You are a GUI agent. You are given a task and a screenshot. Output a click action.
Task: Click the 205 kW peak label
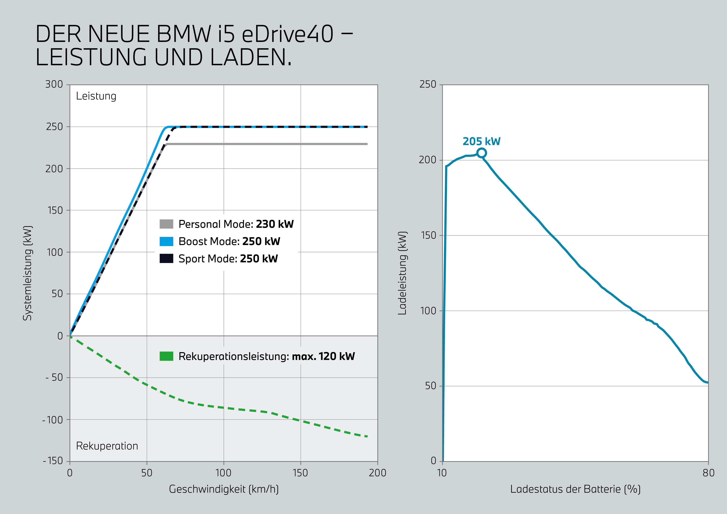[x=481, y=141]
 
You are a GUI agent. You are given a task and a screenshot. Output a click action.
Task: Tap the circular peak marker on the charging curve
[x=481, y=153]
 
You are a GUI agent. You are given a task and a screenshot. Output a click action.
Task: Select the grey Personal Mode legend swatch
[x=166, y=224]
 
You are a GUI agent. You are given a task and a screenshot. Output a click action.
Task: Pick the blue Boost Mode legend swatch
[x=166, y=241]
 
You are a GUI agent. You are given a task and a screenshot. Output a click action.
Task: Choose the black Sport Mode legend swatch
[x=166, y=258]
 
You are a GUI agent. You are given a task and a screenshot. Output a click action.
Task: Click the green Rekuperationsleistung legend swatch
[x=166, y=356]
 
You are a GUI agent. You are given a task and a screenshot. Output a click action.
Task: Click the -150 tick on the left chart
[x=53, y=461]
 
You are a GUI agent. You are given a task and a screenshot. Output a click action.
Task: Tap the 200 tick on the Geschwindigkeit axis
[x=377, y=473]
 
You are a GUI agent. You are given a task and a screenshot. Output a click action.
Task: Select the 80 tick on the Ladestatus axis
[x=708, y=473]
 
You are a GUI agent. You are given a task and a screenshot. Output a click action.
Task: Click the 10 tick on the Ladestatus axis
[x=442, y=473]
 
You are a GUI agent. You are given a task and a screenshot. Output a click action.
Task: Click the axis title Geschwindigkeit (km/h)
[x=224, y=489]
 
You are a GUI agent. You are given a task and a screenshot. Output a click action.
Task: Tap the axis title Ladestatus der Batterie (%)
[x=575, y=489]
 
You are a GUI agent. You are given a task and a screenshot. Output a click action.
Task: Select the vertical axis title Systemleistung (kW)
[x=28, y=273]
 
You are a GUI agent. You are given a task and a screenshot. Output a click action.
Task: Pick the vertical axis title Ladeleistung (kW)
[x=402, y=273]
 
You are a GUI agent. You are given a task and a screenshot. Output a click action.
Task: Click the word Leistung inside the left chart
[x=96, y=96]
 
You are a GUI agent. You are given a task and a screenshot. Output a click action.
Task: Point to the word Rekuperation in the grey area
[x=107, y=446]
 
